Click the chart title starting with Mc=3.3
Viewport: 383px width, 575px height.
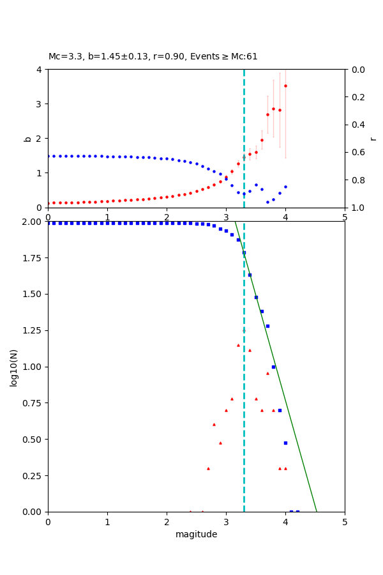[x=153, y=56]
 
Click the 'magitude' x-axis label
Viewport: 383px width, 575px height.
[x=196, y=534]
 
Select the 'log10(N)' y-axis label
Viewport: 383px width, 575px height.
[x=13, y=367]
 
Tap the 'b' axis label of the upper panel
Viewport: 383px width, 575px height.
[x=27, y=138]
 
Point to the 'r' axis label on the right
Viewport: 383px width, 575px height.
[x=373, y=138]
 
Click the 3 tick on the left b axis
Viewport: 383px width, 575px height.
[x=40, y=103]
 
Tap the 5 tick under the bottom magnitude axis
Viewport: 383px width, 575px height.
[x=345, y=521]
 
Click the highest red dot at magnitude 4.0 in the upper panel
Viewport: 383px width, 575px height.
[x=285, y=86]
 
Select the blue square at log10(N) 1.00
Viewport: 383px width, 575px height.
[x=273, y=367]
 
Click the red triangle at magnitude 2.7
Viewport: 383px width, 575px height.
[x=208, y=468]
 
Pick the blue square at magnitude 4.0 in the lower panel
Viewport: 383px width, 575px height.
[x=285, y=443]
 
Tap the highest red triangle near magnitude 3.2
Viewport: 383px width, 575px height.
[x=238, y=345]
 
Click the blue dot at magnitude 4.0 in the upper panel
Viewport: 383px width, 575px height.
[x=285, y=187]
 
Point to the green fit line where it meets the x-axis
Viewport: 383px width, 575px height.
[x=317, y=511]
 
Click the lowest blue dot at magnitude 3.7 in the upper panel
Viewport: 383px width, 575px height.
[x=267, y=202]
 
